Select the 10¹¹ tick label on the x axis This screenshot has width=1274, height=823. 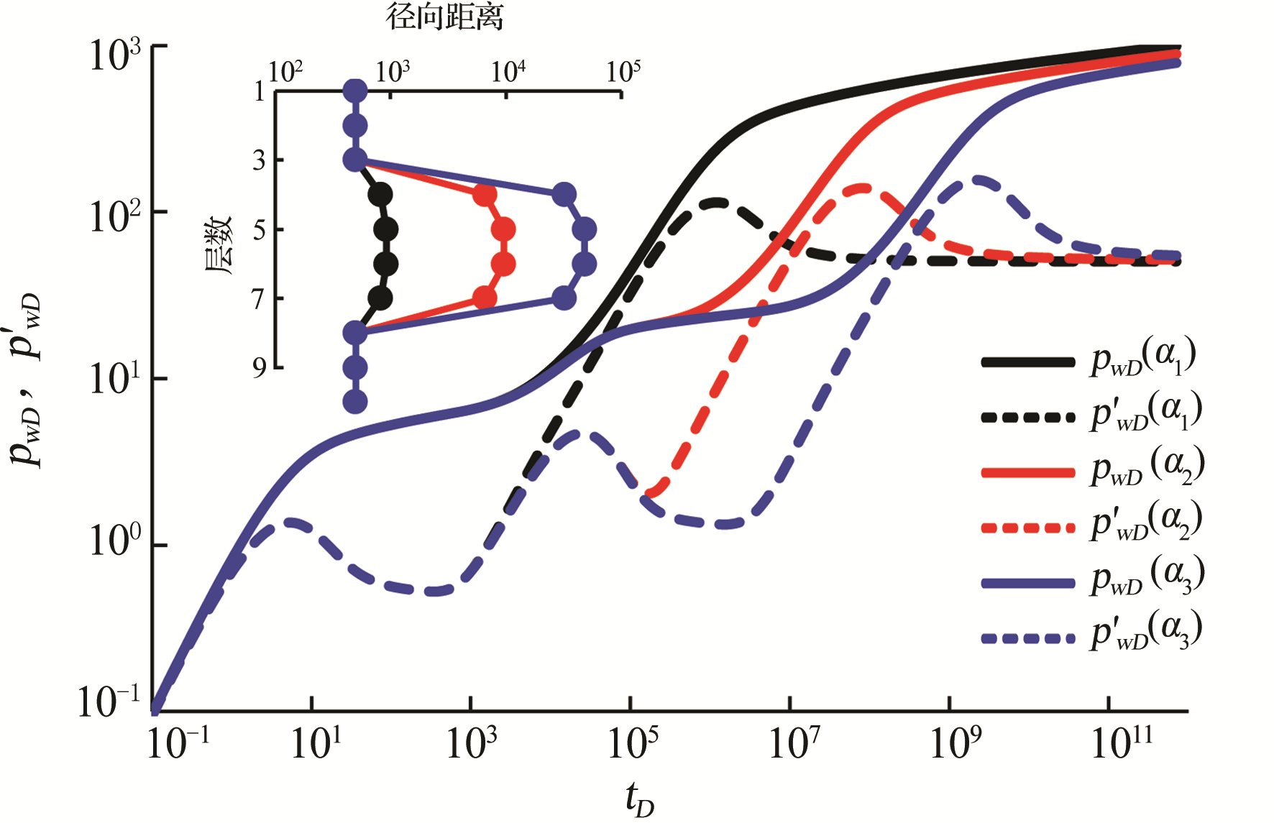point(1121,743)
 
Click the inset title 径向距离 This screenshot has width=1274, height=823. point(445,16)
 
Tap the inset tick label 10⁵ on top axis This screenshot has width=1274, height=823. point(623,71)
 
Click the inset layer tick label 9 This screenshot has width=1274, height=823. point(260,368)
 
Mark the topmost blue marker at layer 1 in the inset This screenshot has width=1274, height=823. point(355,91)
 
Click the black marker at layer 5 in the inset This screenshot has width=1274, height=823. point(386,230)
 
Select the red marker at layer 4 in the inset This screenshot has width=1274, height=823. point(485,195)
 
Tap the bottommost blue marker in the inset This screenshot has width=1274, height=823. point(355,402)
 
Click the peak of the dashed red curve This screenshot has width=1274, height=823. point(863,188)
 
